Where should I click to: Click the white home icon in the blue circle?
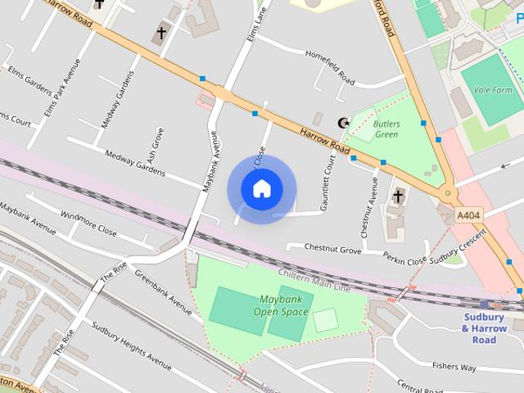click(x=261, y=189)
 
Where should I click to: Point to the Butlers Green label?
click(x=386, y=128)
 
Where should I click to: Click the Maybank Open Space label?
click(x=280, y=305)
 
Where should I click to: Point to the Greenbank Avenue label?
click(x=163, y=292)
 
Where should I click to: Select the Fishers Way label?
click(x=454, y=368)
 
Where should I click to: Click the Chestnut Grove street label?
click(x=332, y=247)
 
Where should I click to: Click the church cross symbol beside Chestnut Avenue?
click(x=398, y=196)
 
